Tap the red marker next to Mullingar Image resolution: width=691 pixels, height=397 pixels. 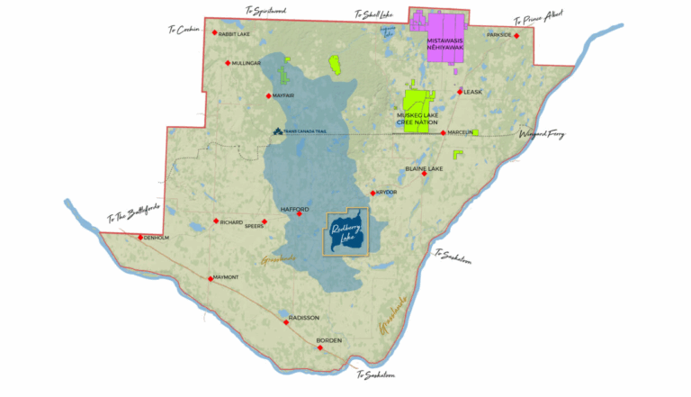coord(228,63)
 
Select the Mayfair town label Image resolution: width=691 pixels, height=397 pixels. coord(284,95)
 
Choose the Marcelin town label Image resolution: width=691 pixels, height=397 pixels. coord(461,133)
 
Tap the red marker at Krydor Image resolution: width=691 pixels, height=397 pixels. coord(372,193)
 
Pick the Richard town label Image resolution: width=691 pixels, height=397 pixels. coord(231,221)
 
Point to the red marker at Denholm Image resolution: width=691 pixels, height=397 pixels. coord(139,238)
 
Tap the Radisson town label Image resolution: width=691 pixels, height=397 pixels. coord(304,317)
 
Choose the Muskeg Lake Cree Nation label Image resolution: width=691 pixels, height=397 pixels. coord(423,119)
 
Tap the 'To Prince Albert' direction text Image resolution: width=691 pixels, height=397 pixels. coord(542,20)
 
